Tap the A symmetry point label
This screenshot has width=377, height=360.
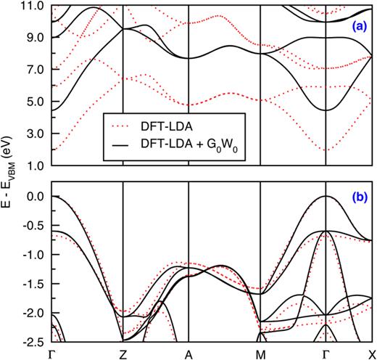click(188, 353)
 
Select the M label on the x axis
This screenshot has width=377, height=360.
click(260, 353)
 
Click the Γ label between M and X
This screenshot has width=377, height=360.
click(326, 353)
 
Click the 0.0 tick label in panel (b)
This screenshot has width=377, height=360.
click(36, 197)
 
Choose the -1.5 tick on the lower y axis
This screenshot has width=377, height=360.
click(34, 284)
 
